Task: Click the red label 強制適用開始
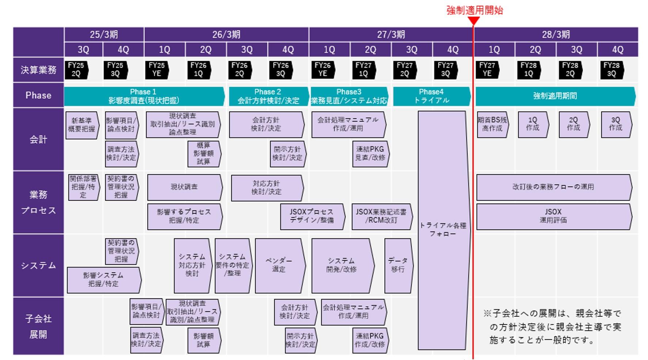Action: click(x=474, y=10)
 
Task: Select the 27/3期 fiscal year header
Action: click(x=391, y=35)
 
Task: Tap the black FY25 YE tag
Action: click(x=157, y=69)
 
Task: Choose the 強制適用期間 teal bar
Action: click(x=555, y=96)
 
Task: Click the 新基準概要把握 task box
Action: click(x=82, y=125)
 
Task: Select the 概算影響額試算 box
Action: click(x=203, y=154)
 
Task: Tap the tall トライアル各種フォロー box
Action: click(x=443, y=230)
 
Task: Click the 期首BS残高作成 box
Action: click(x=492, y=124)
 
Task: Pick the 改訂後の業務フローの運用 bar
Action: click(x=553, y=187)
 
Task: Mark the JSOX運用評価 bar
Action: click(x=553, y=216)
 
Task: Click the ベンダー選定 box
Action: click(x=279, y=265)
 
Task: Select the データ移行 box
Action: click(x=398, y=265)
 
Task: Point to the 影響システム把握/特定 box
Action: click(x=103, y=280)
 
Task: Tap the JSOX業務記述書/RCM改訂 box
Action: click(x=381, y=216)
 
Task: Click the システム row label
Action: click(x=38, y=266)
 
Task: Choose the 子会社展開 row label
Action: click(x=38, y=326)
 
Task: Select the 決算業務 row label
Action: click(x=38, y=70)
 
